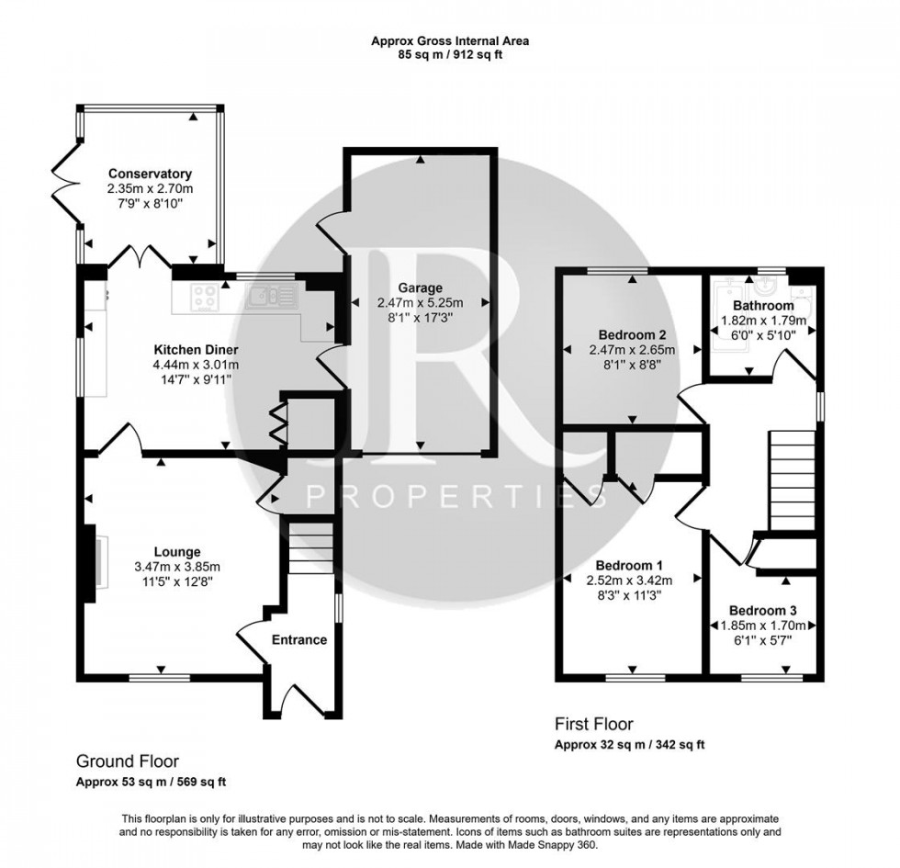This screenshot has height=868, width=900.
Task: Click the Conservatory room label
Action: (x=150, y=174)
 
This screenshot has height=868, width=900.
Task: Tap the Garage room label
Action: (x=420, y=287)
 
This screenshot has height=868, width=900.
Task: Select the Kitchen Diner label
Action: (x=196, y=350)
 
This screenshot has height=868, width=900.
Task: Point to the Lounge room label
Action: (x=177, y=551)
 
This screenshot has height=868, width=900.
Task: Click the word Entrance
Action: (x=300, y=639)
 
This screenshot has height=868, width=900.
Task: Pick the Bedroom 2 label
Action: (x=632, y=334)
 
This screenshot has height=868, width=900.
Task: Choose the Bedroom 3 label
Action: (x=762, y=610)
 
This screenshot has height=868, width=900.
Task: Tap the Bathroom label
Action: (x=763, y=306)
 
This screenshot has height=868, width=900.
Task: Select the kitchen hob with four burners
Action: (x=207, y=297)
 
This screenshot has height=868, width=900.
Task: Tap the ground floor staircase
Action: (x=310, y=547)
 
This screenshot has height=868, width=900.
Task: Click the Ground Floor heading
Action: (x=127, y=761)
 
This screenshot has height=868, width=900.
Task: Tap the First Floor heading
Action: (x=594, y=724)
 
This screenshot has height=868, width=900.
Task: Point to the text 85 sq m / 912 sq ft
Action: (x=450, y=55)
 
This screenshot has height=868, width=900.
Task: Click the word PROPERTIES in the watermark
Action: (x=456, y=497)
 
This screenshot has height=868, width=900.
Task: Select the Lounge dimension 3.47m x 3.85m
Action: (x=177, y=566)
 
